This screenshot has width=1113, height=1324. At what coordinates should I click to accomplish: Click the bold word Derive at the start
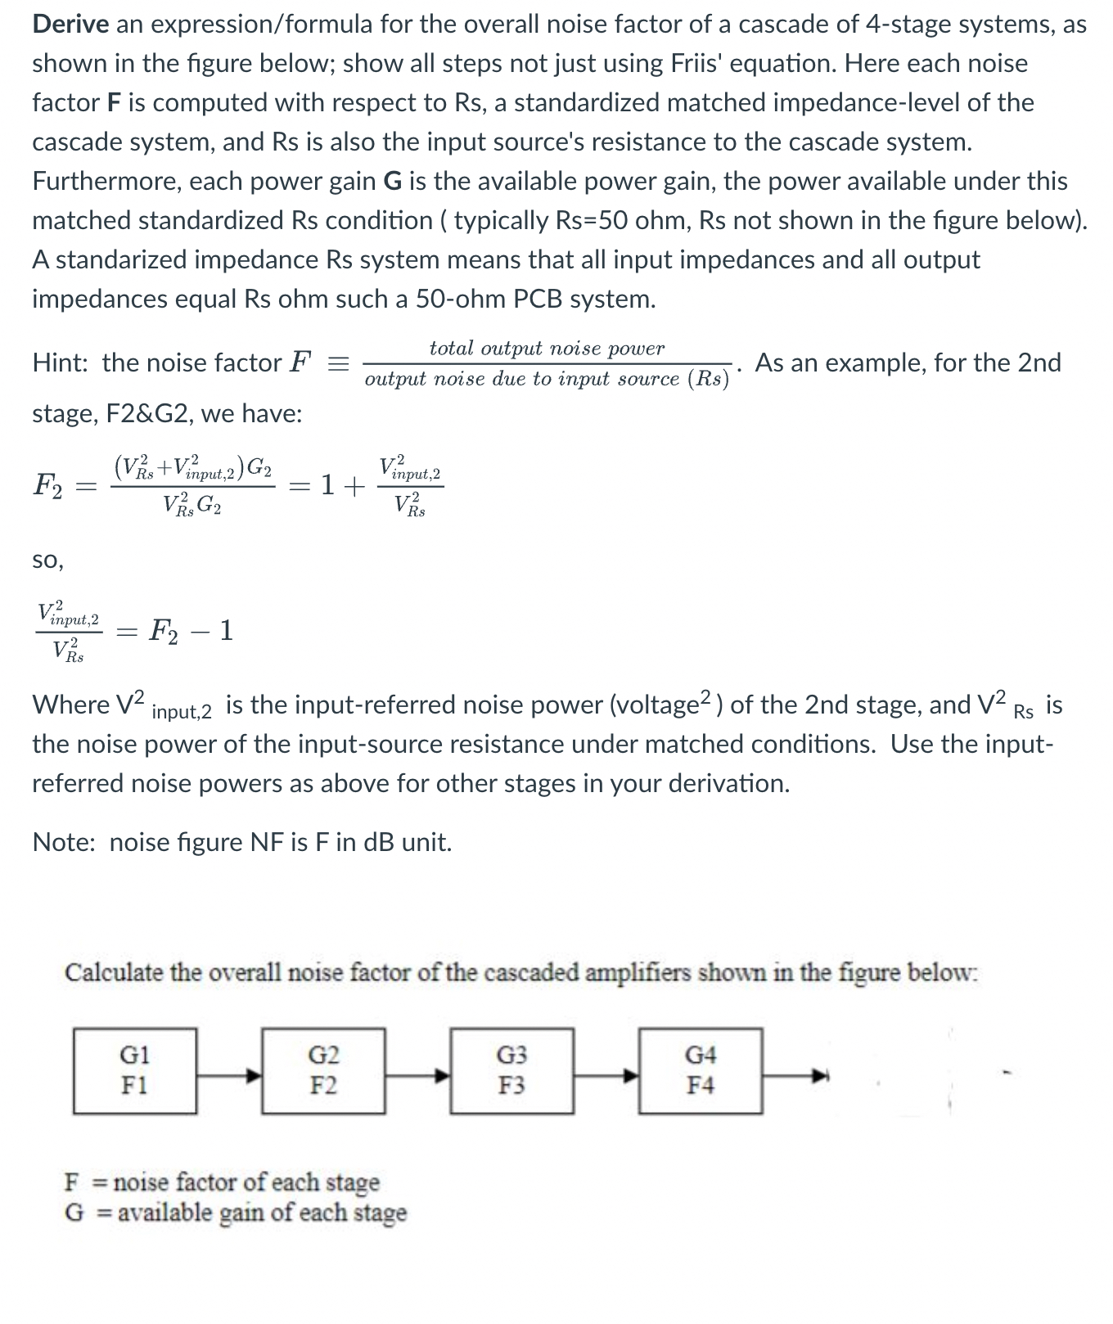(70, 25)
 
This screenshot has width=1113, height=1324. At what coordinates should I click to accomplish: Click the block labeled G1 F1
(135, 1070)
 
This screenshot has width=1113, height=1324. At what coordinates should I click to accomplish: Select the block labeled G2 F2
(323, 1070)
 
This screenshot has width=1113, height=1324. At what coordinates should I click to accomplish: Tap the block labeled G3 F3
(512, 1070)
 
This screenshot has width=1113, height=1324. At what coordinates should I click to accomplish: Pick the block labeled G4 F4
(701, 1070)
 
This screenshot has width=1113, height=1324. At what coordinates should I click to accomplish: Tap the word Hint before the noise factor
(59, 363)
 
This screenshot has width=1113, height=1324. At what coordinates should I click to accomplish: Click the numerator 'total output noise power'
(547, 349)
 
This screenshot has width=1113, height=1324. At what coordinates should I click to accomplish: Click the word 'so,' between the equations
(47, 561)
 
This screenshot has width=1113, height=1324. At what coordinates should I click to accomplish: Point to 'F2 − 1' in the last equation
(192, 631)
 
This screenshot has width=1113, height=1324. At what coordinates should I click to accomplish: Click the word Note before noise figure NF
(63, 842)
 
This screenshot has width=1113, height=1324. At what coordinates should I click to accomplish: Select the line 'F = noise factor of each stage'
(222, 1182)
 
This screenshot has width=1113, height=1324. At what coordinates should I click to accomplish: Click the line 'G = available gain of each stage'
(236, 1212)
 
